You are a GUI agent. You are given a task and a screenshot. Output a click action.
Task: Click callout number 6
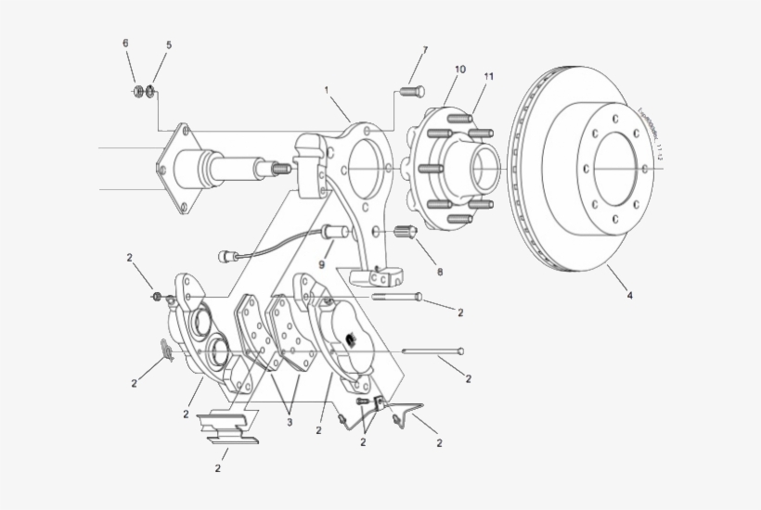(126, 45)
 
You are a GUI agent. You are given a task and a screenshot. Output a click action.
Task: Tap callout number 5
(168, 45)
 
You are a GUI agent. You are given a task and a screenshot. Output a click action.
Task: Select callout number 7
(425, 49)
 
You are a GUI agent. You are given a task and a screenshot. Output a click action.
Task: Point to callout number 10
(460, 70)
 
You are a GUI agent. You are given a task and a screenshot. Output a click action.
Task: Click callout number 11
(488, 76)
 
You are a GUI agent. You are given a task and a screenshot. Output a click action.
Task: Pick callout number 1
(327, 90)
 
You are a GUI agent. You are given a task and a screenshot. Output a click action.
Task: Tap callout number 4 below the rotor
(629, 296)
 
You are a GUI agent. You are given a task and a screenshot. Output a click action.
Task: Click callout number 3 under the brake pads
(289, 423)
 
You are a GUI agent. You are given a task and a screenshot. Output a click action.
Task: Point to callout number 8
(439, 272)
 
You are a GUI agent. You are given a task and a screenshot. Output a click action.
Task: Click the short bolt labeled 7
(411, 91)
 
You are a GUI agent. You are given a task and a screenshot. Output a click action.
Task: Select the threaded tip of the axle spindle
(277, 170)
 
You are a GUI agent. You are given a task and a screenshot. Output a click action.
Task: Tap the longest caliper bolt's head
(461, 351)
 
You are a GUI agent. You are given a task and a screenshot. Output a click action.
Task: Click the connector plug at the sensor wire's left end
(226, 255)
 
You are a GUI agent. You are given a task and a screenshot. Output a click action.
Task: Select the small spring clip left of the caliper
(165, 349)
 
